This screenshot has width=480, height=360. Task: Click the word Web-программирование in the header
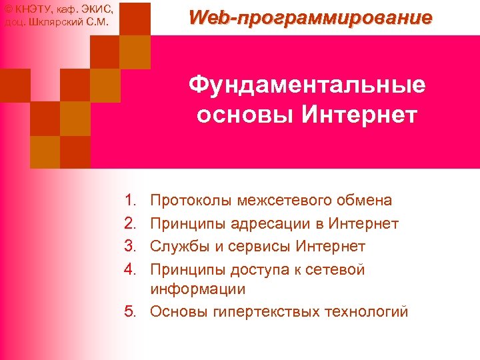310,17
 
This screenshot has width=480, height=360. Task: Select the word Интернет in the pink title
359,114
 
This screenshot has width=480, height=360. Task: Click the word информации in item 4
198,289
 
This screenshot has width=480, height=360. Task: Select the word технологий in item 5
364,312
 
